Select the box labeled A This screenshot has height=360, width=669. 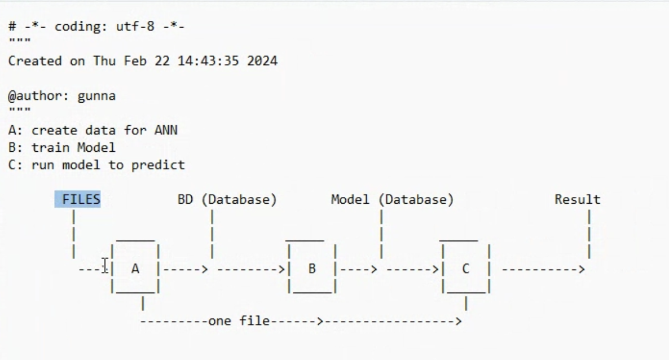tap(135, 269)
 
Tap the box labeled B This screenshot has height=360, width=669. tap(312, 269)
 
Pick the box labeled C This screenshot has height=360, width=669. tap(465, 269)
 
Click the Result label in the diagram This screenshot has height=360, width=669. tap(577, 200)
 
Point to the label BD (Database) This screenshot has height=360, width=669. tap(227, 200)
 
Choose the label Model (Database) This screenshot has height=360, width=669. tap(392, 200)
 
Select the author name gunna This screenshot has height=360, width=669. tap(96, 96)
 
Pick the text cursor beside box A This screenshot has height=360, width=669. tap(105, 265)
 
